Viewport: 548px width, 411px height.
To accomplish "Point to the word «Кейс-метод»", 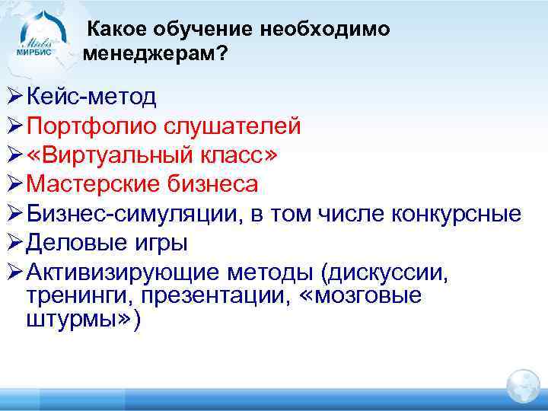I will (x=91, y=97).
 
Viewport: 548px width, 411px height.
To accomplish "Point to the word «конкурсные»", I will (x=456, y=214).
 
